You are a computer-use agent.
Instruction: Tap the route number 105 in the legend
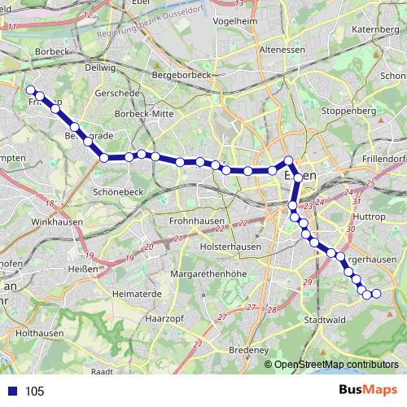(34, 392)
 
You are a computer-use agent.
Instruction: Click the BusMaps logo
(368, 391)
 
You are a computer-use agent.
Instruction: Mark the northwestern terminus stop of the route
(30, 90)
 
